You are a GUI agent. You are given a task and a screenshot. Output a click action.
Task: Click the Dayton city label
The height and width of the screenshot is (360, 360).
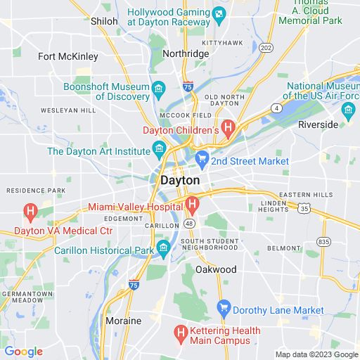point(180,181)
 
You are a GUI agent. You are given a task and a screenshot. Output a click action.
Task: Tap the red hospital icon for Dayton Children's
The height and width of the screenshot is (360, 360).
point(229,127)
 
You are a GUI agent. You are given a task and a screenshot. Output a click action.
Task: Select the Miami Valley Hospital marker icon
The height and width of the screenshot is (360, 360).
point(192,205)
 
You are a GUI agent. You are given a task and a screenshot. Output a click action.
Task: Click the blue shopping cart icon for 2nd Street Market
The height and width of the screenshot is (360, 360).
point(202,158)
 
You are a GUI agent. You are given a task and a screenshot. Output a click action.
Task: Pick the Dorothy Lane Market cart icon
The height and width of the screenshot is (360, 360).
point(224,307)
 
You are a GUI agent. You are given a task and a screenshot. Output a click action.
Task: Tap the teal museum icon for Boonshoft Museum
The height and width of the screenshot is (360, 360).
point(159,89)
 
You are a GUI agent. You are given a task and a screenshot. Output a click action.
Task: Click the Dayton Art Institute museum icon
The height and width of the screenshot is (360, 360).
point(159,149)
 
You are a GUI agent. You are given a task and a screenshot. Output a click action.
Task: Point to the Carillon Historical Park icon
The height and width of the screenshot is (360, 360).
point(164,247)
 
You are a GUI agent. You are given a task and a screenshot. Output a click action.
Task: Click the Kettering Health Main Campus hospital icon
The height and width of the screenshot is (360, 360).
point(181,331)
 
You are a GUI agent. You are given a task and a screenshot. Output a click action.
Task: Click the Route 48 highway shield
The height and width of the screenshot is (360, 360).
point(189,224)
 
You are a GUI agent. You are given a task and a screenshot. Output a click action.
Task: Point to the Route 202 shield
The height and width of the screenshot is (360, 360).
point(266,47)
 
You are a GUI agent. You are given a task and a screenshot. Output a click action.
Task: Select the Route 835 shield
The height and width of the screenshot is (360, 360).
point(323,242)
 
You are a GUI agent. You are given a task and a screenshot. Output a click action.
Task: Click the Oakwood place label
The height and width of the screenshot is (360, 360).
point(215,269)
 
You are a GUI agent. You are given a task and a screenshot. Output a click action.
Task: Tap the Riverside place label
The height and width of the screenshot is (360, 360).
point(318,124)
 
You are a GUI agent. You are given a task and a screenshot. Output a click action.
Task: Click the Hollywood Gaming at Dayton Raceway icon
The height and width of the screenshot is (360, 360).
point(219,14)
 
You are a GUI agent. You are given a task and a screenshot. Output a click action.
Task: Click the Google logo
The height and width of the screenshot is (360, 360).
point(23,352)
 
